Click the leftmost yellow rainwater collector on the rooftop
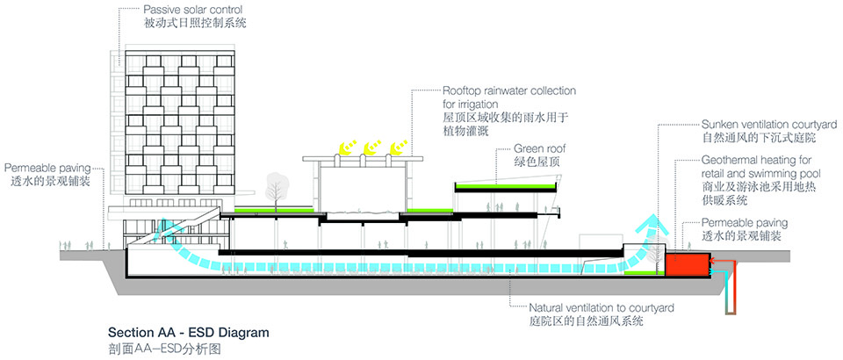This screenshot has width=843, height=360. point(348,148)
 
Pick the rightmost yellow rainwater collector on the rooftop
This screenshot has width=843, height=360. point(396,147)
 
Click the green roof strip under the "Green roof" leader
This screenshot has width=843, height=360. point(507,187)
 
